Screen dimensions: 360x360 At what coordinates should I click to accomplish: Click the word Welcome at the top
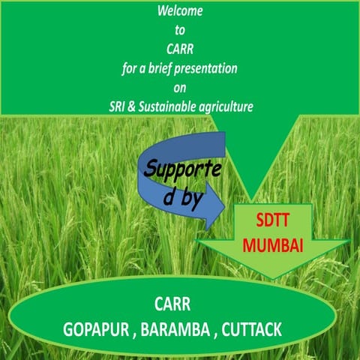tap(180, 13)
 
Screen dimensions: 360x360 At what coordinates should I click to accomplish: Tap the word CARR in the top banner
tap(180, 50)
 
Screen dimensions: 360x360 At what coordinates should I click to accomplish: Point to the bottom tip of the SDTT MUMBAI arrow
tap(272, 278)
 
